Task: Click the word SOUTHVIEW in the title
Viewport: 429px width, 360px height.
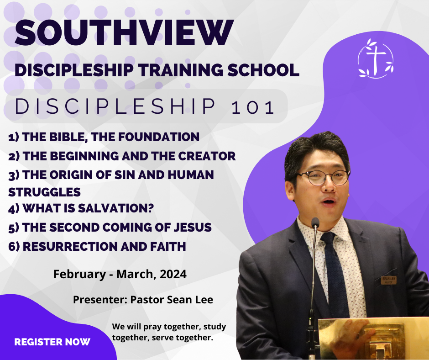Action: [x=124, y=32]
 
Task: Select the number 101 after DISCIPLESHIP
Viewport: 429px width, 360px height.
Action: [x=252, y=107]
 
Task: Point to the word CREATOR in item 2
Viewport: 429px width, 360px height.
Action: [x=207, y=156]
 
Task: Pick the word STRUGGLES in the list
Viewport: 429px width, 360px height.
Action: [x=44, y=192]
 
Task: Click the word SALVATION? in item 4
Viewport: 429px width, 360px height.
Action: [x=116, y=208]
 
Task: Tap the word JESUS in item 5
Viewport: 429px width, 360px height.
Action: [x=193, y=227]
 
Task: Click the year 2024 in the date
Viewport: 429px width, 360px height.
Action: [x=173, y=274]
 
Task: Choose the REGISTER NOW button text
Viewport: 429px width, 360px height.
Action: [x=52, y=342]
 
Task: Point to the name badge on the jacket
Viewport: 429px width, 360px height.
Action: [x=389, y=280]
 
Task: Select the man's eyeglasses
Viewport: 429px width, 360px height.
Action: [x=324, y=177]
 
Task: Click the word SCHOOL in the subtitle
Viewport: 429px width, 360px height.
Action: [x=263, y=70]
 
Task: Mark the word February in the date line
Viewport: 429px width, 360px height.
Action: [x=79, y=274]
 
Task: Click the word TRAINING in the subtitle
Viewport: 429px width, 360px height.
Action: [x=181, y=70]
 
